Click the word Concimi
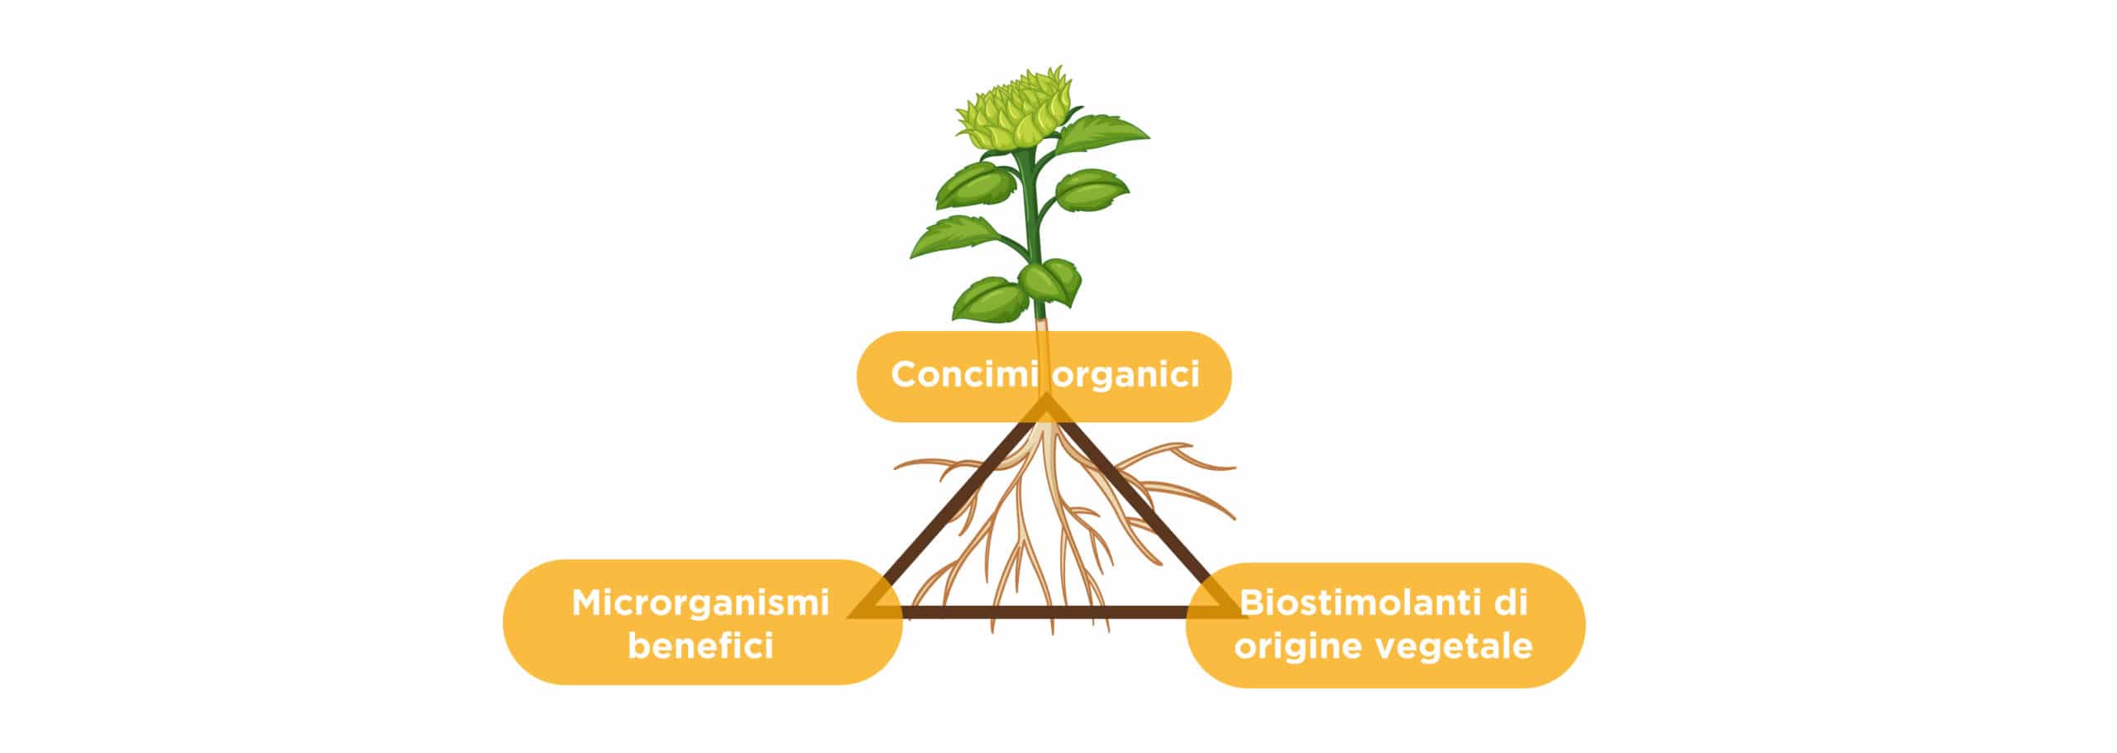pos(964,374)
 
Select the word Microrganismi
pos(700,603)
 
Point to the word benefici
pos(700,645)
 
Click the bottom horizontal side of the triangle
pos(1047,612)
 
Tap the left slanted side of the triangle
pos(949,506)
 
